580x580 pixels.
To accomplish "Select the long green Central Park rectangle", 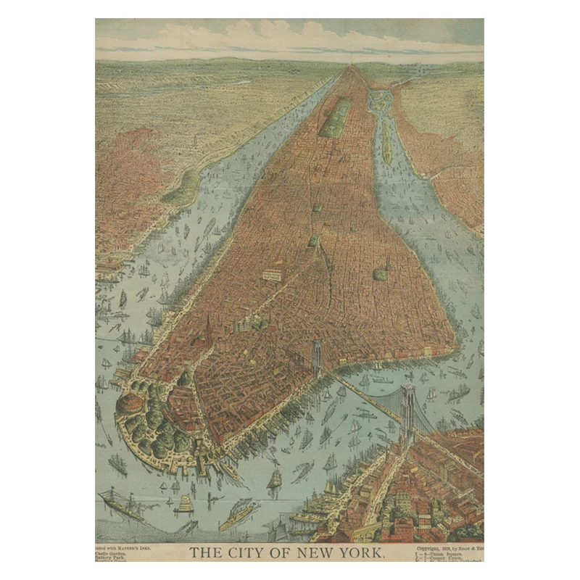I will [336, 117].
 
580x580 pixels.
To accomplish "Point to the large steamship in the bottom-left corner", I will [122, 504].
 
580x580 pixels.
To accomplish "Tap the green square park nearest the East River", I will [380, 274].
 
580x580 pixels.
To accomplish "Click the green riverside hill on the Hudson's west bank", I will [181, 188].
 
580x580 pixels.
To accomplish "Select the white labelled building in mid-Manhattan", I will [272, 275].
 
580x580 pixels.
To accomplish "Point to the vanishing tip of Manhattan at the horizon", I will [353, 67].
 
